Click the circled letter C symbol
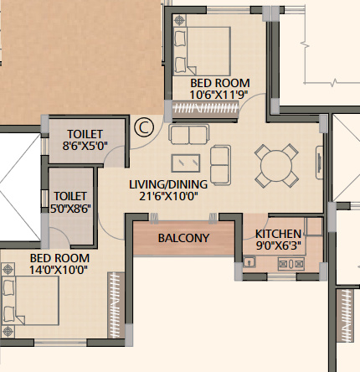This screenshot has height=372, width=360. [144, 127]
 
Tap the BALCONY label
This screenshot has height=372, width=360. [183, 238]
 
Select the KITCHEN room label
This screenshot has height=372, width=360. [278, 234]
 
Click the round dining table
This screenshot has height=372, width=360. [276, 166]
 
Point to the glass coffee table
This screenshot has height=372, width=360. [186, 163]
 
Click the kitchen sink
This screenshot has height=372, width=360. [249, 262]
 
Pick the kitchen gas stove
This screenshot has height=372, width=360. [291, 264]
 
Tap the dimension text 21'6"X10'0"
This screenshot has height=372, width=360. [168, 196]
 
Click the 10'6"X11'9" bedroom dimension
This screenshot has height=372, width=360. [219, 95]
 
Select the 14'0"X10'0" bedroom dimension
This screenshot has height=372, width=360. [59, 270]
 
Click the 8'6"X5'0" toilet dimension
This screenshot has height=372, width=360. [85, 146]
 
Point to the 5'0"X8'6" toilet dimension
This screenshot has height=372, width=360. [70, 209]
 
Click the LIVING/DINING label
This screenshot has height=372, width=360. [168, 184]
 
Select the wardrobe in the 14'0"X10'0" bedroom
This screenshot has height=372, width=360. [116, 305]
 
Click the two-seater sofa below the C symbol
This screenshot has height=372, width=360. [189, 134]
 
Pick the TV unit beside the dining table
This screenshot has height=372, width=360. [320, 163]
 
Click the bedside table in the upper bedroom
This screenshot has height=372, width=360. [179, 20]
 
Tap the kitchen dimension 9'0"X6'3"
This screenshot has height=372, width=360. [279, 245]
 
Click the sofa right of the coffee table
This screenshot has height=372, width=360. [220, 165]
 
